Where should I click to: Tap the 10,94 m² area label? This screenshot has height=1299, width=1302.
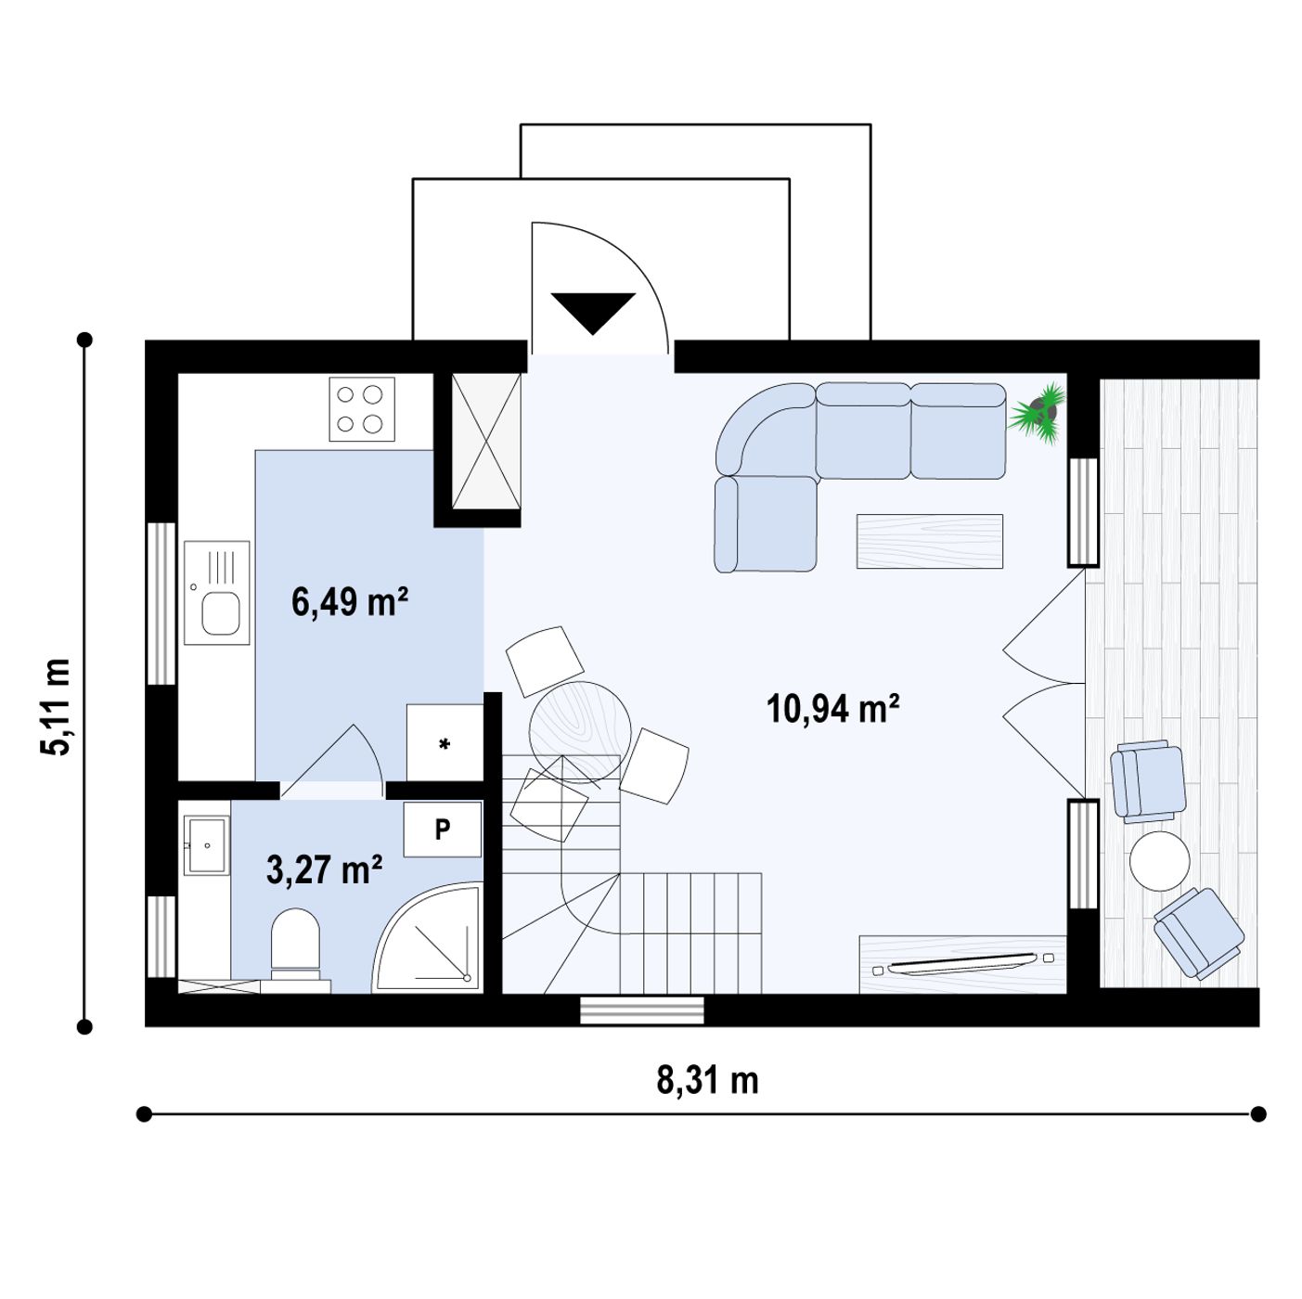pos(832,709)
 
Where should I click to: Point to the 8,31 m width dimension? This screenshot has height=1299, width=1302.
pos(707,1080)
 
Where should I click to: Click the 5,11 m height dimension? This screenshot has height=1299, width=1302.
pos(55,707)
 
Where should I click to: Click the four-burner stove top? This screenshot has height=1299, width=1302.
pos(362,409)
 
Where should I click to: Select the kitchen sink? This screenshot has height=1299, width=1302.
pos(217,593)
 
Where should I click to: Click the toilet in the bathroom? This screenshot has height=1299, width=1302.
pos(295,949)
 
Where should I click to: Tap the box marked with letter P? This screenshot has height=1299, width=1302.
pos(443,830)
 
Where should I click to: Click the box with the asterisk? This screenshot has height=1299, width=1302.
pos(444,743)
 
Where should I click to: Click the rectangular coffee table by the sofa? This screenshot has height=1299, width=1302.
pos(930,541)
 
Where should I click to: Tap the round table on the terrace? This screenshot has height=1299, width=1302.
pos(1159,861)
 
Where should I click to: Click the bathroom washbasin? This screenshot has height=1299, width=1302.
pos(207,845)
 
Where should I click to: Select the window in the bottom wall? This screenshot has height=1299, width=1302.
pos(642,1010)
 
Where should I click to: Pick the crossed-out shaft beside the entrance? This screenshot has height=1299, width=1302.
pos(486,441)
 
